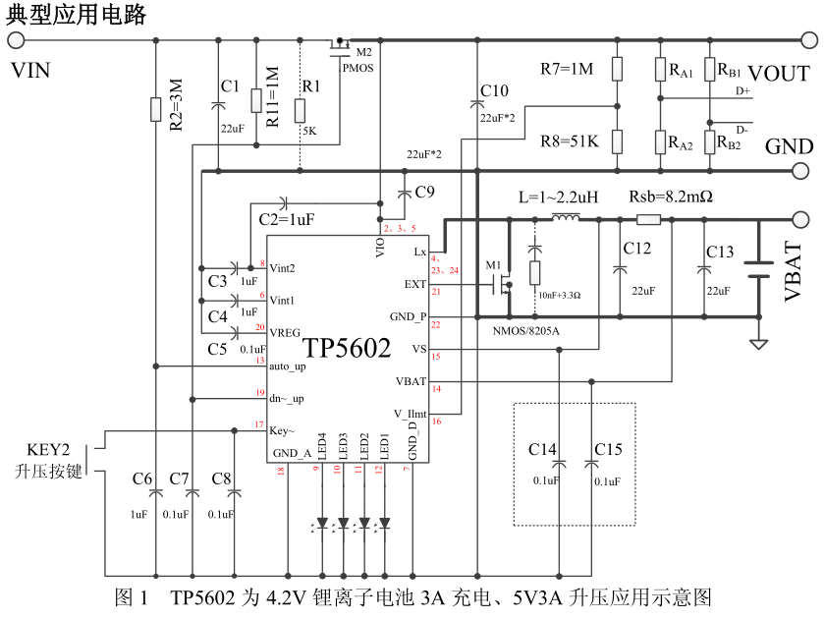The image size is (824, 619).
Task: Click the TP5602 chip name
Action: point(347,348)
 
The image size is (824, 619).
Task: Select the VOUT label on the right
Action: point(779,74)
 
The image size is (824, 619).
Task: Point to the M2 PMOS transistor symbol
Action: point(340,45)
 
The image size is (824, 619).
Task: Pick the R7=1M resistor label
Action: point(567,69)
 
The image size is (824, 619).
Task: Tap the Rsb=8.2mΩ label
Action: point(671,197)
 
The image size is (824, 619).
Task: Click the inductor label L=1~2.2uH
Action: point(558,197)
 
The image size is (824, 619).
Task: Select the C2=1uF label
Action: point(287,219)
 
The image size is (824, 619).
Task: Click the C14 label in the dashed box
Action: point(543,449)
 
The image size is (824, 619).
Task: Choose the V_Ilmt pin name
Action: point(411,415)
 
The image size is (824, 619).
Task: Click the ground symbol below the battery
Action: point(757,343)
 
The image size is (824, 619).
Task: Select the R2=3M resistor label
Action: point(176,106)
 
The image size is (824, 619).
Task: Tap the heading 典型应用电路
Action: point(76,14)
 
